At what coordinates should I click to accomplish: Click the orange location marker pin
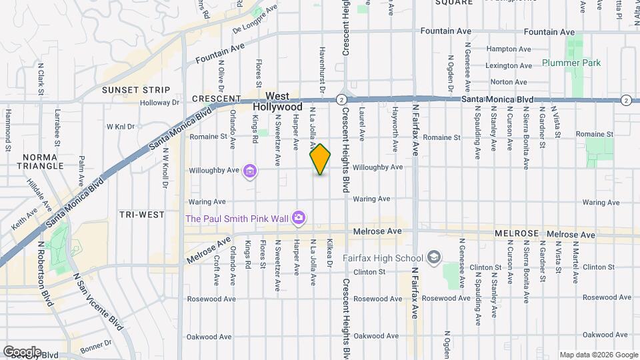pos(320,159)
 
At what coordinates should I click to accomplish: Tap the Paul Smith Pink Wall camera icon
pos(299,218)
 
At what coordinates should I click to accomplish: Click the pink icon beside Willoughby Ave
pos(250,171)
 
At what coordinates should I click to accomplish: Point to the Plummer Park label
pos(571,63)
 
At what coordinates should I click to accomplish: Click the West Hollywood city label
pos(277,101)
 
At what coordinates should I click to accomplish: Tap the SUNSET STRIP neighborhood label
pos(136,90)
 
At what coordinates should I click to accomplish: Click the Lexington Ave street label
pos(509,65)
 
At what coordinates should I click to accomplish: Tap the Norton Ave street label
pos(509,82)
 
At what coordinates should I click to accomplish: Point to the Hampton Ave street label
pos(509,49)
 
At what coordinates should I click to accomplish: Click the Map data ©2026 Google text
pos(598,355)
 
